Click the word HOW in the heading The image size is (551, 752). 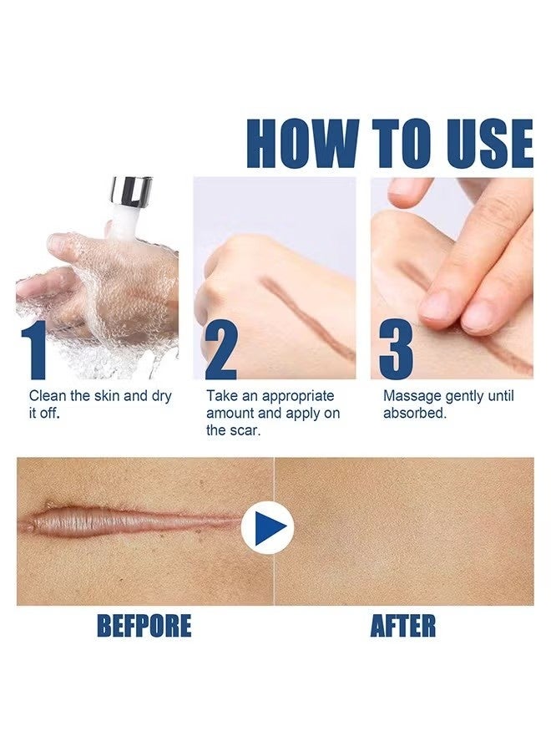pyautogui.click(x=304, y=144)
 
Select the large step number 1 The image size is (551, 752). pyautogui.click(x=33, y=350)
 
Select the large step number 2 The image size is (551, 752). pyautogui.click(x=220, y=350)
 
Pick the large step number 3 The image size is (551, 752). pyautogui.click(x=396, y=350)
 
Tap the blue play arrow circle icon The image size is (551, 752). pyautogui.click(x=267, y=528)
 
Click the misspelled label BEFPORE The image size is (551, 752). pyautogui.click(x=144, y=626)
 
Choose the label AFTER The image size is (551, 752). pyautogui.click(x=402, y=626)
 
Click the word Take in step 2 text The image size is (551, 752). pyautogui.click(x=221, y=396)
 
